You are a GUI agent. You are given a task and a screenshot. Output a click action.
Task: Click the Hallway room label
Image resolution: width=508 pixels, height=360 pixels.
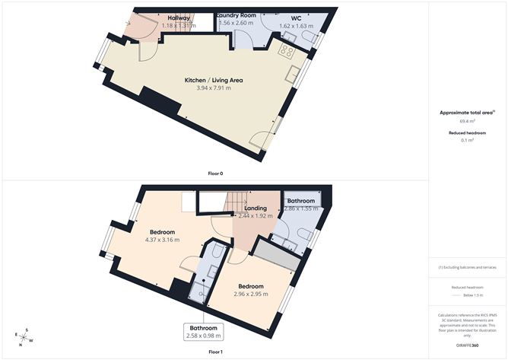pyautogui.click(x=179, y=18)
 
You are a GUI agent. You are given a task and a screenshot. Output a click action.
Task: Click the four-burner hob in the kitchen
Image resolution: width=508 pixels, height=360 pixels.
pyautogui.click(x=288, y=51)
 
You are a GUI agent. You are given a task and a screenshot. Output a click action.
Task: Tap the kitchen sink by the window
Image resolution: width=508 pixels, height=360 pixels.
pyautogui.click(x=293, y=74)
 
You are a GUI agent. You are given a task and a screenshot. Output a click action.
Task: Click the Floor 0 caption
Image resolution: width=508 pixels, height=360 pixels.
pyautogui.click(x=215, y=174)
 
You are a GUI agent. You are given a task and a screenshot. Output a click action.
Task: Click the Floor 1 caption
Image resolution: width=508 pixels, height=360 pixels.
pyautogui.click(x=215, y=352)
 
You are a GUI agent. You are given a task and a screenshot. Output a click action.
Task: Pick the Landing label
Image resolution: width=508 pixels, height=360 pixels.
pyautogui.click(x=255, y=208)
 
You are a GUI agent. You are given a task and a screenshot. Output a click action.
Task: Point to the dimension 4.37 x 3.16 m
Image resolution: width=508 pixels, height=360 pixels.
pyautogui.click(x=162, y=241)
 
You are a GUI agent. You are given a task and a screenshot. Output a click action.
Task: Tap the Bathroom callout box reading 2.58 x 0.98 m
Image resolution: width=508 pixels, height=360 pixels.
pyautogui.click(x=205, y=331)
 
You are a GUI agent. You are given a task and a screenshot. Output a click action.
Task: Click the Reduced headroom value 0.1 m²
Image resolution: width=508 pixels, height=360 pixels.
pyautogui.click(x=467, y=140)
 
